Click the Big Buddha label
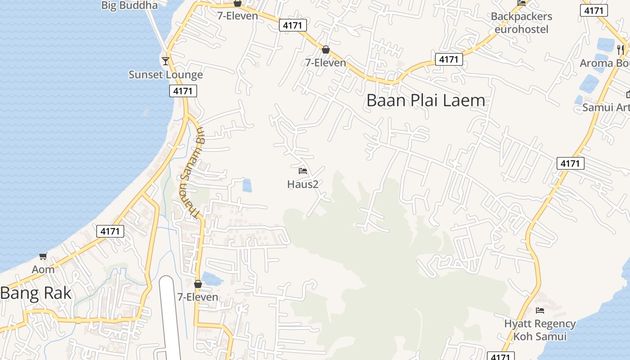130,5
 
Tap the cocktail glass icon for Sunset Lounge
166,61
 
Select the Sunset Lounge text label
166,75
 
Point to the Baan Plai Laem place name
426,100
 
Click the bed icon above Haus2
303,171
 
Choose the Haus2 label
303,184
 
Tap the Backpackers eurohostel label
522,23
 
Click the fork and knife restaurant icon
621,49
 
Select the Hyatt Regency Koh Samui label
540,330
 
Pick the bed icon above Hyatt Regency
540,310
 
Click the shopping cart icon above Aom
43,256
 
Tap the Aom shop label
43,270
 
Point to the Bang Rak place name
36,293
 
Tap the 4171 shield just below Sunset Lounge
183,91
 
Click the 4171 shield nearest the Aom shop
110,231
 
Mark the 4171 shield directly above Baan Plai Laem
449,59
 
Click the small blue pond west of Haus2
247,185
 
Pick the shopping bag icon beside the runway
198,284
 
